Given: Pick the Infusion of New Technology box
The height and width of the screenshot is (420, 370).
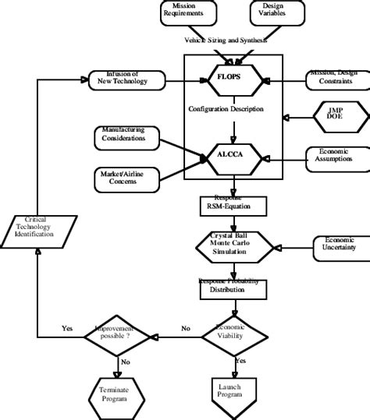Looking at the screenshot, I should tap(125, 79).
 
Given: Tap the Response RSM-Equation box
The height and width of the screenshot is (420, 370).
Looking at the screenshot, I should tap(233, 206).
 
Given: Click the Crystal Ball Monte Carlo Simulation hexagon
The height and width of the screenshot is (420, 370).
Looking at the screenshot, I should tap(233, 245).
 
